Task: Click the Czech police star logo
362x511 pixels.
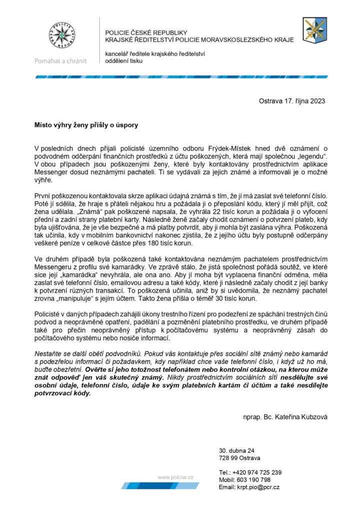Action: pyautogui.click(x=60, y=36)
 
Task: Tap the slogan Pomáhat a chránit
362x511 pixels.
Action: pyautogui.click(x=60, y=61)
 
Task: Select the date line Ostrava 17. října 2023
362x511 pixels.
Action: pyautogui.click(x=292, y=101)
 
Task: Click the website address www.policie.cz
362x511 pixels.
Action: pyautogui.click(x=175, y=478)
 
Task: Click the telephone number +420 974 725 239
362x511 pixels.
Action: pyautogui.click(x=257, y=472)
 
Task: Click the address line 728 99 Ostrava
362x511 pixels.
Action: pyautogui.click(x=239, y=458)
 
